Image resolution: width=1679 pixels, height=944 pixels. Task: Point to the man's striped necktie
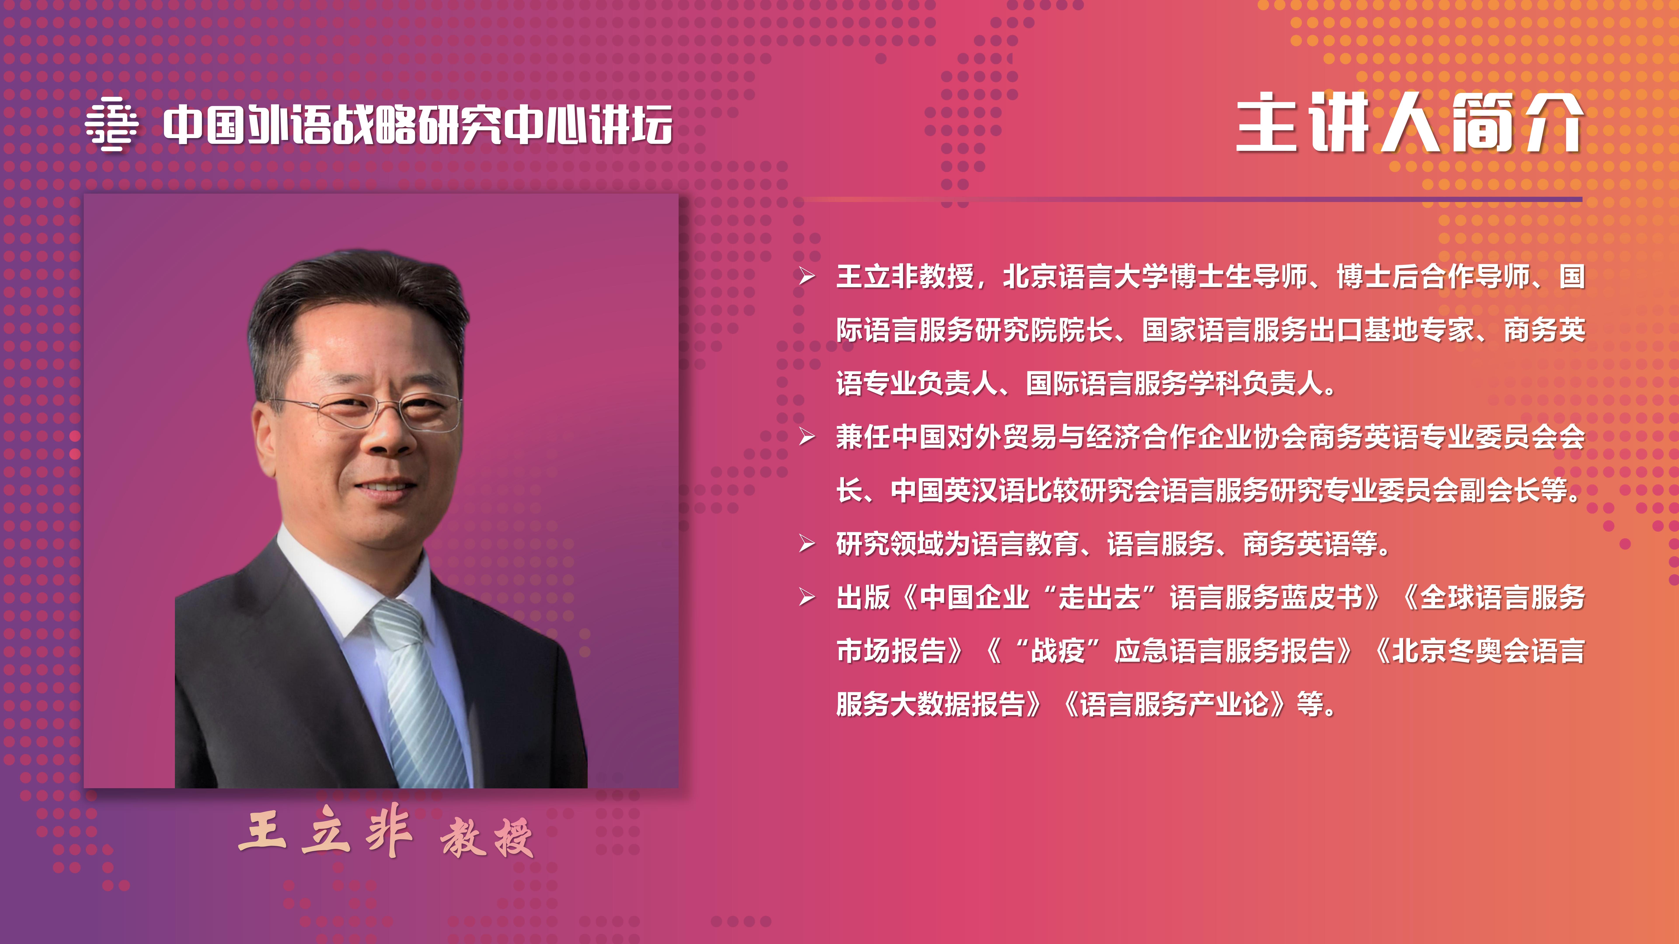click(417, 691)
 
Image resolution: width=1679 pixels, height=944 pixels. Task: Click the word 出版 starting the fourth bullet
click(863, 597)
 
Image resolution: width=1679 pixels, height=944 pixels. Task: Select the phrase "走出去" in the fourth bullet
click(1099, 597)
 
